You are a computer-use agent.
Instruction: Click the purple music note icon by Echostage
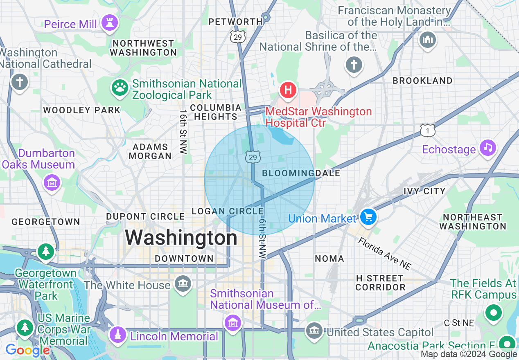[x=487, y=147]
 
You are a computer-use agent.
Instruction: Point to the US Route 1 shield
[x=427, y=130]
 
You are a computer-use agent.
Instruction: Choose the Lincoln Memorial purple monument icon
[x=118, y=335]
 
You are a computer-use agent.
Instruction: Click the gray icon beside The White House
[x=183, y=283]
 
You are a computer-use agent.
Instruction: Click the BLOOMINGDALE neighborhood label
[x=301, y=173]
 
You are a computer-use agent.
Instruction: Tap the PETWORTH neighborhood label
[x=235, y=22]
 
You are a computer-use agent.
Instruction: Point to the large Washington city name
[x=181, y=238]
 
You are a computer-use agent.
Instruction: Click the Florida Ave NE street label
[x=384, y=254]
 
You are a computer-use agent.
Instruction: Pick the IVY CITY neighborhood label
[x=424, y=191]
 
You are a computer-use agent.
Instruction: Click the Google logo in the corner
[x=27, y=351]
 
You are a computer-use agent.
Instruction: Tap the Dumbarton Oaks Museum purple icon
[x=52, y=182]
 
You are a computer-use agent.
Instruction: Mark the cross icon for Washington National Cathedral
[x=19, y=81]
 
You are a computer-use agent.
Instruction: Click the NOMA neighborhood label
[x=329, y=259]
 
